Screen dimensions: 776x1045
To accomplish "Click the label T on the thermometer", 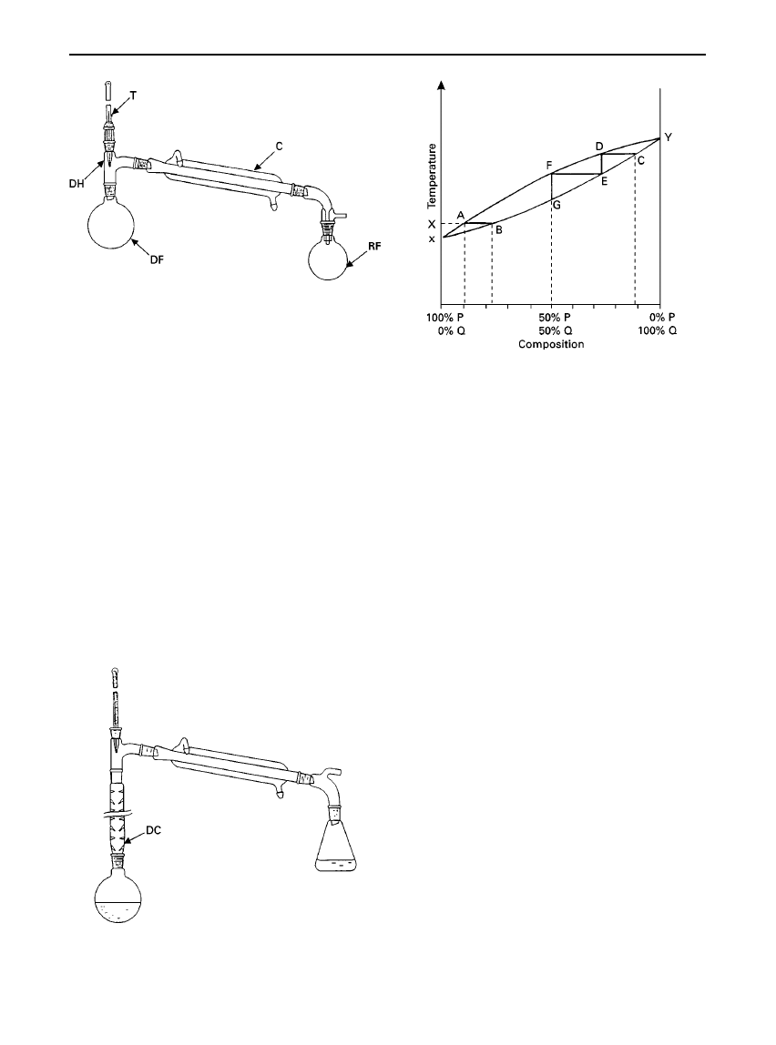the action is point(133,96).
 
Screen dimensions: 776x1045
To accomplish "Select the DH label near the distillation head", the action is point(77,184).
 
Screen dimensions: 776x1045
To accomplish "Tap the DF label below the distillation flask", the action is point(156,261).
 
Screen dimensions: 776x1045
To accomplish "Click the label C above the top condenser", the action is point(280,146).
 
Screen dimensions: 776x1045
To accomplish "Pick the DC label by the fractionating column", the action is point(153,832).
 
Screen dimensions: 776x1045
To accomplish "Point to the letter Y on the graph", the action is point(669,137).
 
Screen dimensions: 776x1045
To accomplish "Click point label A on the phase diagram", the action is point(460,215).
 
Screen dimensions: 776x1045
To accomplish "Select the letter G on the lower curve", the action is point(556,206).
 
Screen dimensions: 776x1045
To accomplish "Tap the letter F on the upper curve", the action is point(549,164).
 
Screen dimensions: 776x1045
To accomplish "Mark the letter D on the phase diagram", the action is point(599,146).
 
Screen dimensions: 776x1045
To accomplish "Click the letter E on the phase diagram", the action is point(604,180).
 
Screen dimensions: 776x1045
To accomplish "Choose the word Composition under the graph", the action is point(551,345).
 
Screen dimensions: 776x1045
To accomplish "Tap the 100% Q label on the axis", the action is point(658,330).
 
